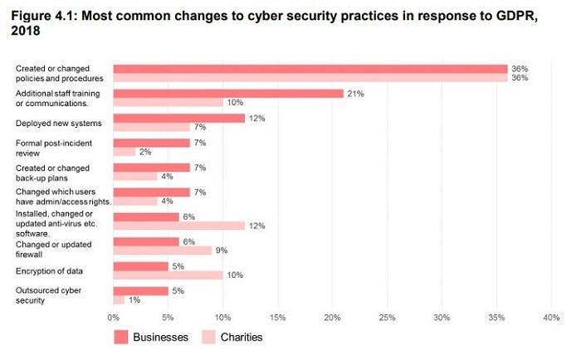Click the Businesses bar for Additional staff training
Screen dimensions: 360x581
click(x=228, y=94)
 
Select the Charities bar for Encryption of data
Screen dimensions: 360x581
click(x=168, y=275)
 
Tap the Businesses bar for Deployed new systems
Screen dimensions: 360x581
click(x=178, y=119)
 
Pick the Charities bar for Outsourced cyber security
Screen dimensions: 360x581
click(x=119, y=299)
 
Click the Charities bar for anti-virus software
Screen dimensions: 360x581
click(x=178, y=226)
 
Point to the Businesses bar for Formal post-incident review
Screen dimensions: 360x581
click(x=152, y=144)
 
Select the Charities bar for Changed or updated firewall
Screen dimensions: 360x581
click(x=163, y=251)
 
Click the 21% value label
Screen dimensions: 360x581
click(x=354, y=94)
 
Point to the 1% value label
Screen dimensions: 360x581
click(x=134, y=299)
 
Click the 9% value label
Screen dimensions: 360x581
click(x=222, y=251)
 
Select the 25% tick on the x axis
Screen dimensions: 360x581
click(x=387, y=317)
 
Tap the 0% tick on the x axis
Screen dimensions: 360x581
click(x=114, y=317)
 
